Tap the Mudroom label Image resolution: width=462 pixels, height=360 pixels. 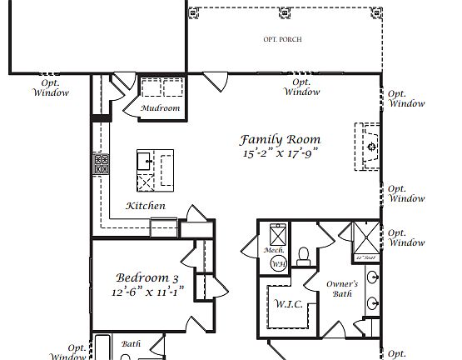[x=160, y=108]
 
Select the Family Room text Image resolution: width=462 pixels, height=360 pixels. [x=281, y=140]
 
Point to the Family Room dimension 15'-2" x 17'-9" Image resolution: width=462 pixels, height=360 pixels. [x=281, y=154]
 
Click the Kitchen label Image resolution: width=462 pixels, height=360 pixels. [x=146, y=206]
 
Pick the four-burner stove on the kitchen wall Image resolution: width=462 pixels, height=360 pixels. [x=102, y=163]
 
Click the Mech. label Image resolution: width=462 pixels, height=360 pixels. [x=275, y=251]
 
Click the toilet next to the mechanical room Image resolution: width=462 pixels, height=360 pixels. [x=304, y=253]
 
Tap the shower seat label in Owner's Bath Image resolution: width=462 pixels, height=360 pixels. [x=364, y=257]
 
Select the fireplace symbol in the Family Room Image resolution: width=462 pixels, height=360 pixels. [x=371, y=147]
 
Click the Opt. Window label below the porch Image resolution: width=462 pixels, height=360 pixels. [x=301, y=87]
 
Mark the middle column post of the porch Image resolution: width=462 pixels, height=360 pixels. [x=286, y=12]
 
